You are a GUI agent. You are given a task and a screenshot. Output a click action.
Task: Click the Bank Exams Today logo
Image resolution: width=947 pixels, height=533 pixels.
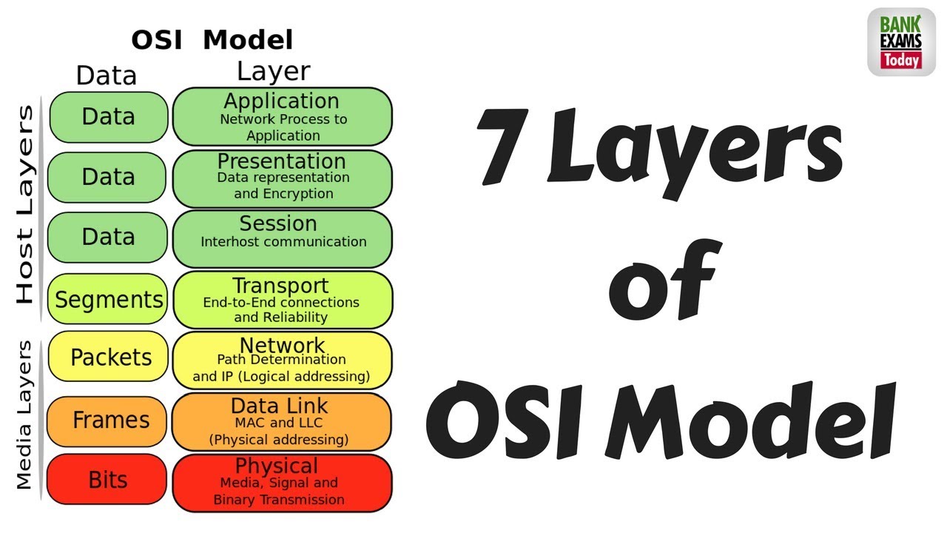[x=900, y=42]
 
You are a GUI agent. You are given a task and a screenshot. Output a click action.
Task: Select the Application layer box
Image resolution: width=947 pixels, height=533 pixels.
[x=282, y=117]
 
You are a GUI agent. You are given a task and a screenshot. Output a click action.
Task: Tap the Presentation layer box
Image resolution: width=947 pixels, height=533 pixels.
[x=282, y=178]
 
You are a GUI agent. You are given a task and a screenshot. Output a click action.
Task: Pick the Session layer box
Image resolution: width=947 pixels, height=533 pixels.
[x=282, y=238]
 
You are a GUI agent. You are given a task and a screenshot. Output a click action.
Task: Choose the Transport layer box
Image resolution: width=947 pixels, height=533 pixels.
[x=282, y=299]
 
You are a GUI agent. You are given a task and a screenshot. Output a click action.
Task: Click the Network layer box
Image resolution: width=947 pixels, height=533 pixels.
[x=282, y=360]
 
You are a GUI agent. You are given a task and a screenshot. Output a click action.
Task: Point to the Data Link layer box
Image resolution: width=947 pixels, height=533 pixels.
[x=282, y=421]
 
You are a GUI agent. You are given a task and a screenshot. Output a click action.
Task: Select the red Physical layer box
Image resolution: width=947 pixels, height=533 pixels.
[x=282, y=483]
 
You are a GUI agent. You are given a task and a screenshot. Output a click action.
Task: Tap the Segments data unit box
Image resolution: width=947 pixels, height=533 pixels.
[x=108, y=299]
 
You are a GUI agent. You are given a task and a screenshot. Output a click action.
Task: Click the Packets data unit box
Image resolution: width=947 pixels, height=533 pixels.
[x=108, y=358]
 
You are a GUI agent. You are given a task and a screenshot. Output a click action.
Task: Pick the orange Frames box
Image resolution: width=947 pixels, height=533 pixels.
[x=108, y=420]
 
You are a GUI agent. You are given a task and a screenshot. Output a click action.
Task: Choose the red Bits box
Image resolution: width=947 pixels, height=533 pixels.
[x=107, y=480]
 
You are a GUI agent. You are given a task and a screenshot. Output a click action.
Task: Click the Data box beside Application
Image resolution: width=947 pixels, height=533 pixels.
[x=108, y=117]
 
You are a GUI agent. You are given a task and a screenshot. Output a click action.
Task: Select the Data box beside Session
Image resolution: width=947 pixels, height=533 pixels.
[x=108, y=237]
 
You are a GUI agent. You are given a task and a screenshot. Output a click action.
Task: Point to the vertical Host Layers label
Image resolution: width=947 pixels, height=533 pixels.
[x=26, y=204]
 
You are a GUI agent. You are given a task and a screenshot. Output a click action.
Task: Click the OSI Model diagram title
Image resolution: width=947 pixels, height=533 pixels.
[x=212, y=39]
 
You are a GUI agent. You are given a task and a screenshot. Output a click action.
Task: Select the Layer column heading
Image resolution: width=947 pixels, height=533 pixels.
[x=273, y=71]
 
